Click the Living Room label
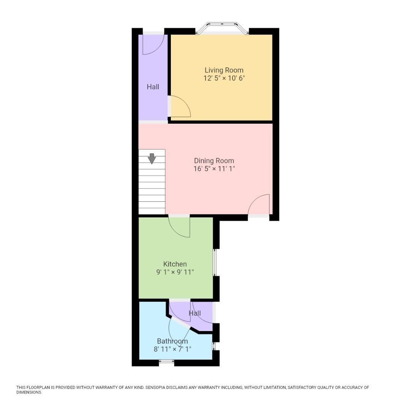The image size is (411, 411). (x=224, y=70)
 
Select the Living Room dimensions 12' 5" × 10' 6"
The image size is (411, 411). (x=224, y=78)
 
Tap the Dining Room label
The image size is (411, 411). (x=214, y=161)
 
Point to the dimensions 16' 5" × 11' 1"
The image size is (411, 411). (x=214, y=169)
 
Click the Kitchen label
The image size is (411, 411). (x=175, y=264)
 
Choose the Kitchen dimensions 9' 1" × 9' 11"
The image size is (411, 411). (x=175, y=272)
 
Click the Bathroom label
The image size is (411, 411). (x=172, y=341)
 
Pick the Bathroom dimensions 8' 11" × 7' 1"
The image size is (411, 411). (x=172, y=349)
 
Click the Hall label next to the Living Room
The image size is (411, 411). (x=153, y=87)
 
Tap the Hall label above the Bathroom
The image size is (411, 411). (x=195, y=313)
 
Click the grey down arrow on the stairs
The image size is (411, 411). (x=152, y=158)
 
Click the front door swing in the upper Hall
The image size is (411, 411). (x=154, y=45)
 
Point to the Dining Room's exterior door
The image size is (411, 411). (x=259, y=205)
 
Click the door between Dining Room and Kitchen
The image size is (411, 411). (x=179, y=226)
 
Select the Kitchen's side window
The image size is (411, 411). (x=215, y=262)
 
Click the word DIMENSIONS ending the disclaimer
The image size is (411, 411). (x=29, y=392)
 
